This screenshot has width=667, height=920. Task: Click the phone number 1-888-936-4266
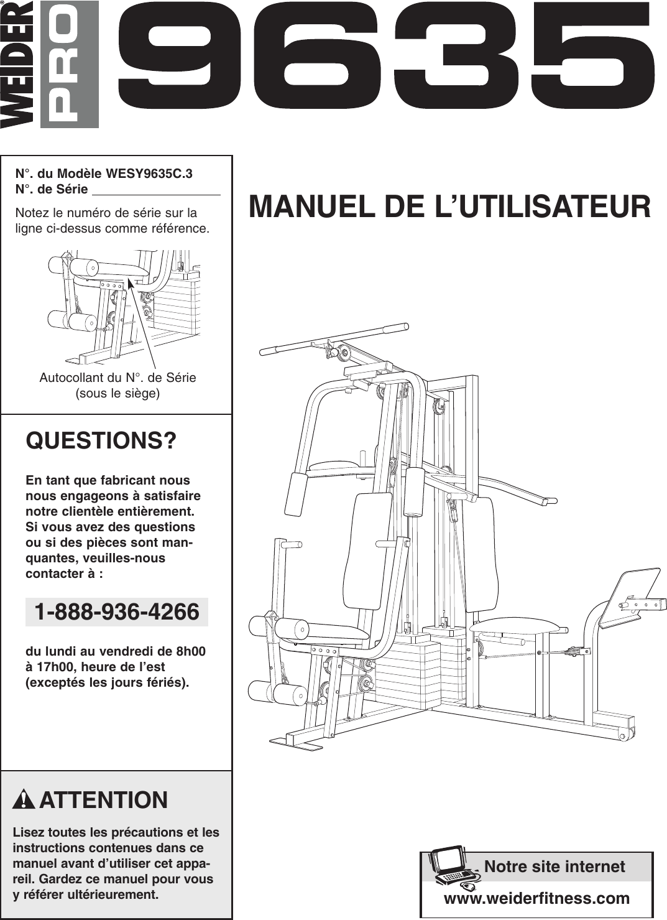click(117, 612)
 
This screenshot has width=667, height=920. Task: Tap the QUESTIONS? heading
click(101, 440)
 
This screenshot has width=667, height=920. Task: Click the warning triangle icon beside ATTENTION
click(24, 799)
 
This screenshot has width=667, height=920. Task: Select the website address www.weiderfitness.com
click(536, 898)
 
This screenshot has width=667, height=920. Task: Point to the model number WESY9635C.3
click(149, 174)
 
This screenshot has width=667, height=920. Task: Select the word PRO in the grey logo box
click(70, 65)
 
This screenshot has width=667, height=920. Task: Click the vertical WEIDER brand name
click(17, 65)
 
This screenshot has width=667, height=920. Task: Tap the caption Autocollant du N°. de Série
click(117, 378)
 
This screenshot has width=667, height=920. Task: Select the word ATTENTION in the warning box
click(103, 800)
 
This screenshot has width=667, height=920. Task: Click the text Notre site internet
click(554, 867)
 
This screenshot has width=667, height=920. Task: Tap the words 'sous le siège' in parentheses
click(117, 393)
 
